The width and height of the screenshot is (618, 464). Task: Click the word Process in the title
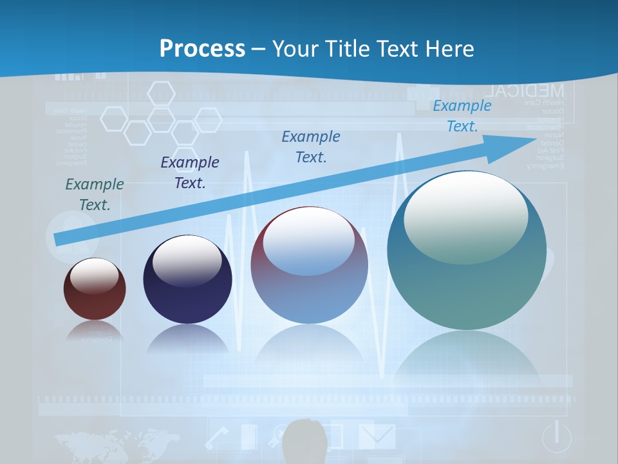202,49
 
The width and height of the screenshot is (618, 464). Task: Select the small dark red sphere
95,289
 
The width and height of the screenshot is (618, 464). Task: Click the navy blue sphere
187,280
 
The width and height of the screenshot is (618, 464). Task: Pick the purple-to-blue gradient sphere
310,266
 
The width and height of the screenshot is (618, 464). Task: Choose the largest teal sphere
467,251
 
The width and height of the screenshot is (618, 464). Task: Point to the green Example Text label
95,195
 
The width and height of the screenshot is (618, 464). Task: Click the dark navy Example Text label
190,173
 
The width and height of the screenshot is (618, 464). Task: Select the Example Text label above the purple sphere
311,147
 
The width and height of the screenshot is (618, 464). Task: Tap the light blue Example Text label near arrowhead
462,116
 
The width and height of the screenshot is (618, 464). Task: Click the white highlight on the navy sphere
187,261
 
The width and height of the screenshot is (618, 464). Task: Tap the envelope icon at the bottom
377,436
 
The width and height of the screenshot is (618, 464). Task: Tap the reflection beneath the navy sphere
187,338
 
